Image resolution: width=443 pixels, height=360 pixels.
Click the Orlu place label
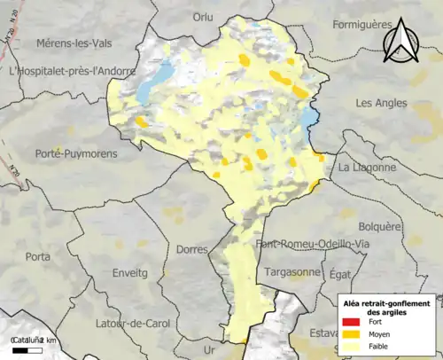(x=204, y=16)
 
